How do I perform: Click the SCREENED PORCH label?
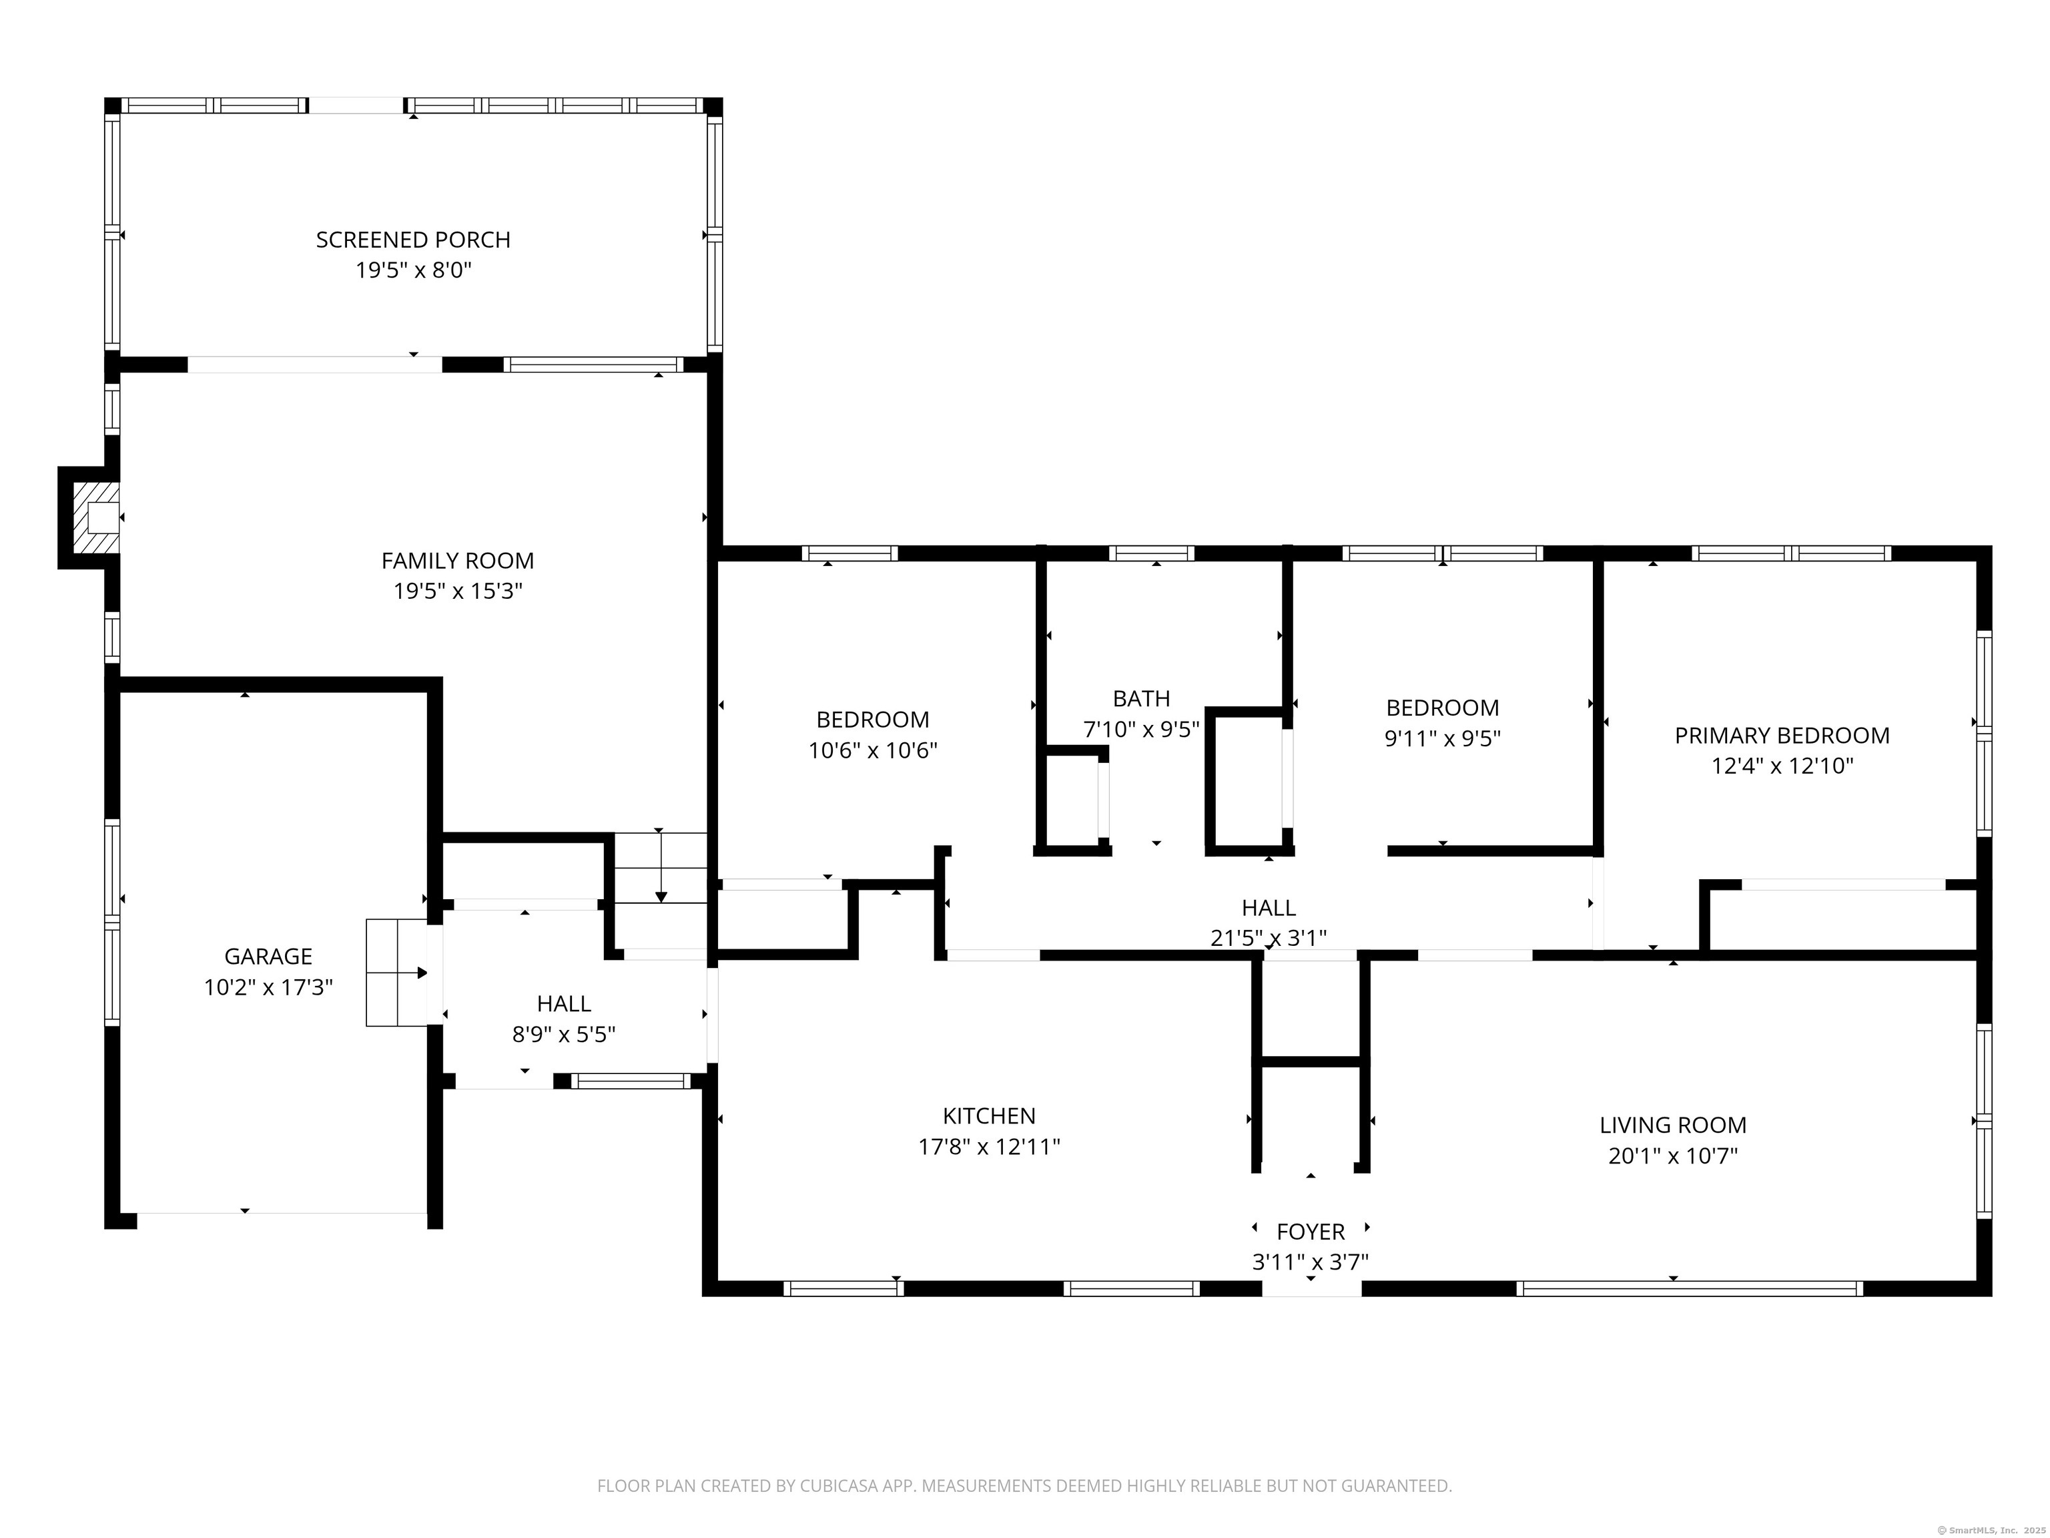pos(412,239)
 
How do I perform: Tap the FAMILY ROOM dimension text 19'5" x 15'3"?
pos(458,591)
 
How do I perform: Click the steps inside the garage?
pos(396,973)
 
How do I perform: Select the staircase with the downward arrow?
pos(661,868)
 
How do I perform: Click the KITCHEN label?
pos(989,1115)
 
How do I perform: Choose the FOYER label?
pos(1311,1231)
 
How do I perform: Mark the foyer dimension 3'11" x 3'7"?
pos(1311,1262)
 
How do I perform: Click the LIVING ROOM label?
pos(1673,1125)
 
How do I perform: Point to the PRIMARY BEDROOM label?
pos(1781,735)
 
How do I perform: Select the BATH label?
pos(1141,698)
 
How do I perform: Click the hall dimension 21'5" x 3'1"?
pos(1268,938)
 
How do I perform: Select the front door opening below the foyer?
pos(1311,1288)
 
